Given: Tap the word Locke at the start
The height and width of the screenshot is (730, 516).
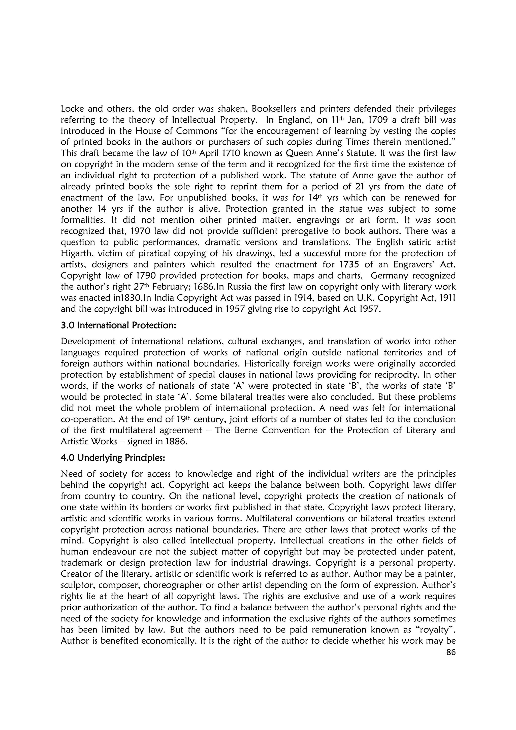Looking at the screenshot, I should pyautogui.click(x=72, y=109).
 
